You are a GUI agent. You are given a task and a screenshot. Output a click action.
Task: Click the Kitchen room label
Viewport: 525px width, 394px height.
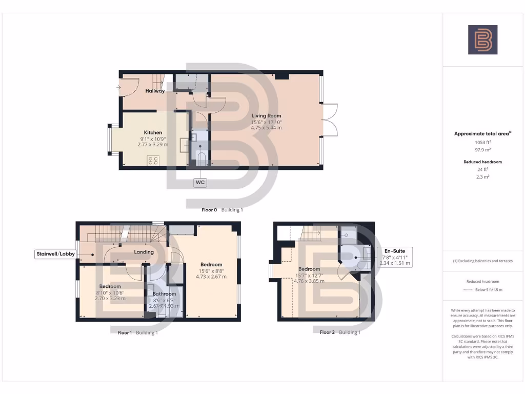click(x=153, y=132)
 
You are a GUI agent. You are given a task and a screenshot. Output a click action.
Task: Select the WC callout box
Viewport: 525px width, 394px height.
click(x=200, y=182)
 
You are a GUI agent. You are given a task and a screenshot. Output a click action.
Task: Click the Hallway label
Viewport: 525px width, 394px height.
click(x=155, y=91)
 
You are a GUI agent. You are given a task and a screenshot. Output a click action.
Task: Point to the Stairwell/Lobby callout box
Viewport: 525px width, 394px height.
click(x=55, y=254)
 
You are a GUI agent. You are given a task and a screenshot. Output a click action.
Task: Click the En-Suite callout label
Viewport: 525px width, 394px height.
click(x=395, y=251)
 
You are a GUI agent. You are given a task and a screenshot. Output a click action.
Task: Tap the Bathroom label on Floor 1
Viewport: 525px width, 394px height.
click(x=164, y=294)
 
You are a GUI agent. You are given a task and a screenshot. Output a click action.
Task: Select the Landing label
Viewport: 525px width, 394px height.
click(x=144, y=252)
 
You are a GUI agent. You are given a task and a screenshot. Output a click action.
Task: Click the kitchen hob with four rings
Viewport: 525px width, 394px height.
click(x=153, y=160)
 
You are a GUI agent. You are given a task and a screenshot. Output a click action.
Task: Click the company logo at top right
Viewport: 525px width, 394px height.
click(x=482, y=40)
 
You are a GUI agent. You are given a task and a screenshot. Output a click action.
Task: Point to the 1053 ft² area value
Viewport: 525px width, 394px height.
click(x=482, y=142)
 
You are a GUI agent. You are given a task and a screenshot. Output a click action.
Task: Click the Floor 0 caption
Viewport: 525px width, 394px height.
click(x=209, y=210)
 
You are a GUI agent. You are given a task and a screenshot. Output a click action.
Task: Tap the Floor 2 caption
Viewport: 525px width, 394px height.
click(x=327, y=332)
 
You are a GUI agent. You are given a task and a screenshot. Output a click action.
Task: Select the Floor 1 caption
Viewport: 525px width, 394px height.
click(x=125, y=332)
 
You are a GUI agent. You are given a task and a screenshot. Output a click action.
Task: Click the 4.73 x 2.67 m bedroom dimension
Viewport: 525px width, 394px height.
click(x=211, y=277)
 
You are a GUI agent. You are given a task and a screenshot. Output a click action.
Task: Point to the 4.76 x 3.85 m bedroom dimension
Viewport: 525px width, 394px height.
click(x=309, y=281)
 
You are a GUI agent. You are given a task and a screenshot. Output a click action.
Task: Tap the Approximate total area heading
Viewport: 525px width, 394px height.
click(x=482, y=133)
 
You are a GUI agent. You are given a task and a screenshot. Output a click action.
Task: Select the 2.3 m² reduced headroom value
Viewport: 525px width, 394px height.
click(x=482, y=176)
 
